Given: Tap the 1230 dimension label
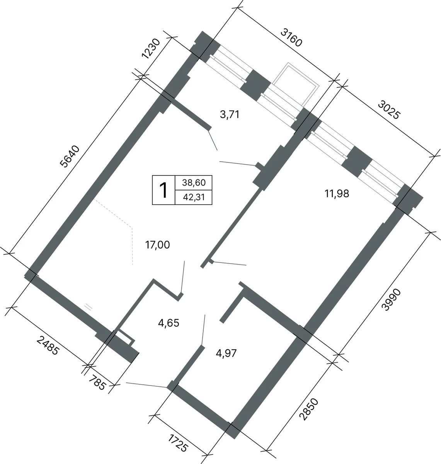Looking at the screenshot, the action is (x=150, y=48).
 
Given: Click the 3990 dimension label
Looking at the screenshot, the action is (x=391, y=300).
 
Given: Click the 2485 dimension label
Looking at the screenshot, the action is (x=48, y=346).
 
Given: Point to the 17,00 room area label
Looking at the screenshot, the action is (x=157, y=245).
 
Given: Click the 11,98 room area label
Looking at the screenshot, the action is (x=337, y=194).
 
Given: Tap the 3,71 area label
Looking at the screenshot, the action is (x=230, y=114).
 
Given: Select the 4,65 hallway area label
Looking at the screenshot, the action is (x=169, y=323).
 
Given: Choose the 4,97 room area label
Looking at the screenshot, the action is (x=226, y=353).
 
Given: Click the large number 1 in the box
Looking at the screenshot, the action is (x=163, y=190).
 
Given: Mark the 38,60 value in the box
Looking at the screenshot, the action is (x=194, y=183).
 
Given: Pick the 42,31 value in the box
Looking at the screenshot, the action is (x=194, y=197).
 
